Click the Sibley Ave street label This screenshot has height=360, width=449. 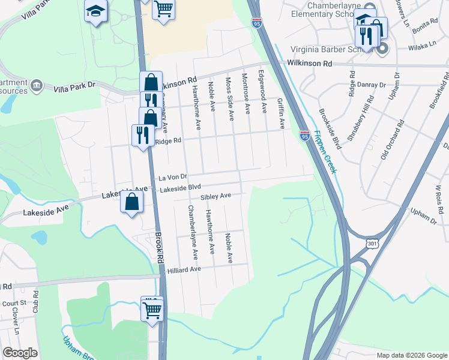[215, 196]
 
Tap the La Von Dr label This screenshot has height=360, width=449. [173, 178]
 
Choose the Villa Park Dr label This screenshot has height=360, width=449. [74, 87]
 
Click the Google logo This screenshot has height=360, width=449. [20, 353]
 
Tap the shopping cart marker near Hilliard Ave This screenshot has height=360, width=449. [152, 310]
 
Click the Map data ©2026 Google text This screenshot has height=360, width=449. [411, 355]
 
